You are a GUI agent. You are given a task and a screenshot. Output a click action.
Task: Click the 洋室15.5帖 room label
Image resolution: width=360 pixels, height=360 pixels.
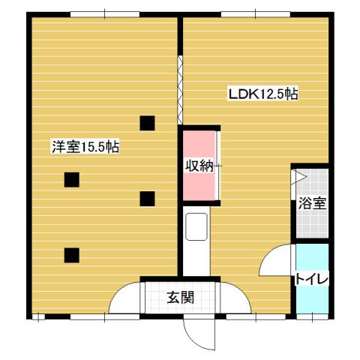[85, 147]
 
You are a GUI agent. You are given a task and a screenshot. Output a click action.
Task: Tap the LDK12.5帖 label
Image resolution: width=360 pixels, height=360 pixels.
[263, 94]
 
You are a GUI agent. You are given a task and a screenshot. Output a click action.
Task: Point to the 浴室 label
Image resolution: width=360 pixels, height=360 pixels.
[311, 203]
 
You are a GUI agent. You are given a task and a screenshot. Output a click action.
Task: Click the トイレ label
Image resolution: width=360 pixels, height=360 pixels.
[311, 279]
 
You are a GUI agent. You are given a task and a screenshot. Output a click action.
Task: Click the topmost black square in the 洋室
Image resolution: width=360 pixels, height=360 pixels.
[147, 122]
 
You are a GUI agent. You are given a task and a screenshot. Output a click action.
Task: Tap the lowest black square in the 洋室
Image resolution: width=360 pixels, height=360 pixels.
[71, 253]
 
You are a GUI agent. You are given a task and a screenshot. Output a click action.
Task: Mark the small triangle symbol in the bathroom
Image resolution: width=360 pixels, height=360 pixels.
[298, 178]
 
